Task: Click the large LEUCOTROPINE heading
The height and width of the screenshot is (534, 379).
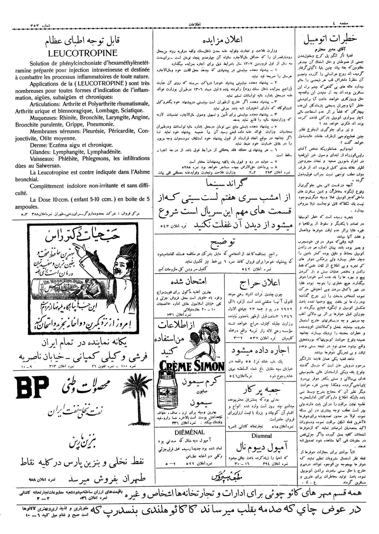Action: click(83, 53)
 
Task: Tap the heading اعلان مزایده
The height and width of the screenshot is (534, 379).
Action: click(223, 40)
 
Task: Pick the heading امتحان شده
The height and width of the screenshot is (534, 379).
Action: click(189, 282)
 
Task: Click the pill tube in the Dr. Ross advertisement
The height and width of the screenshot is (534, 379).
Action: click(74, 289)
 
